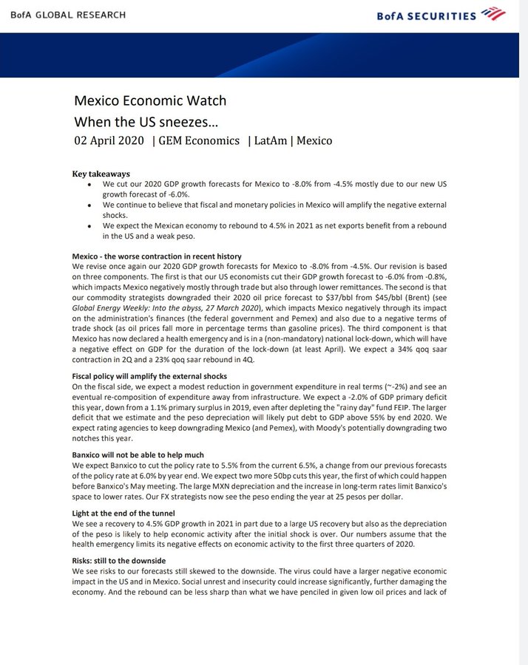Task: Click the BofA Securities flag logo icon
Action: (x=493, y=13)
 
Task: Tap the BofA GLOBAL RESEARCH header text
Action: (x=64, y=15)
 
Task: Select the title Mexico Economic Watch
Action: (x=150, y=100)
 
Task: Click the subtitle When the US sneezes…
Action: (x=139, y=121)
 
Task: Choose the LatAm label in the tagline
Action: (x=271, y=140)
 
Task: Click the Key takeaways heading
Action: (x=101, y=174)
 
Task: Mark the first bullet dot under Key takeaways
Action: (x=89, y=184)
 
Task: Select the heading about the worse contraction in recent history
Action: (x=156, y=256)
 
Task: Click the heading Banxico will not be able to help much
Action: (x=138, y=454)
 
